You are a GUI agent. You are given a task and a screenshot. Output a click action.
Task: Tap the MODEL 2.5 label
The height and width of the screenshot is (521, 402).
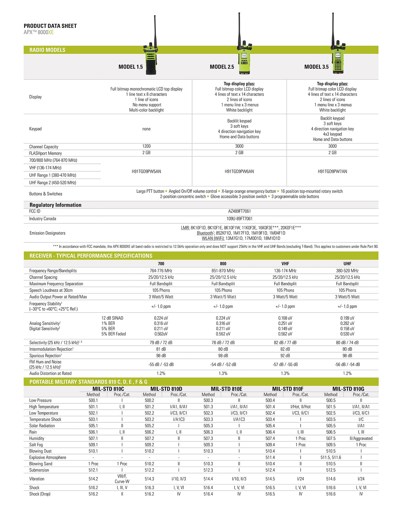pyautogui.click(x=222, y=67)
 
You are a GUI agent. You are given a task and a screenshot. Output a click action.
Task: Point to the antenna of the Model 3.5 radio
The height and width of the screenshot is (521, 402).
pyautogui.click(x=333, y=29)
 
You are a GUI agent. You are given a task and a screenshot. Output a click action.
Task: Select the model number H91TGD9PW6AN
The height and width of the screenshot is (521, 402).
pyautogui.click(x=239, y=172)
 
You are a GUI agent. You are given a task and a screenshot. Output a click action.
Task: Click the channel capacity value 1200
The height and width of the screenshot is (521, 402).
pyautogui.click(x=146, y=146)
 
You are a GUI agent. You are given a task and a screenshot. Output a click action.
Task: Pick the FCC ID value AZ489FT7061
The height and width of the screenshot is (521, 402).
pyautogui.click(x=239, y=211)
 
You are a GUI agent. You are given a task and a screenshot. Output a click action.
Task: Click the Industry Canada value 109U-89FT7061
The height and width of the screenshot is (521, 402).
pyautogui.click(x=239, y=219)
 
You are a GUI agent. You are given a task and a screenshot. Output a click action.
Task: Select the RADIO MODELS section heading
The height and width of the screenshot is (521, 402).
pyautogui.click(x=47, y=50)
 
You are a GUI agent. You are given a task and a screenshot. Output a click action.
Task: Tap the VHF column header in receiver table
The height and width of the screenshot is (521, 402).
pyautogui.click(x=285, y=264)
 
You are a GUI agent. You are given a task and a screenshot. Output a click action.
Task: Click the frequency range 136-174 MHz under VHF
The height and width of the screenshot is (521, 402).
pyautogui.click(x=285, y=271)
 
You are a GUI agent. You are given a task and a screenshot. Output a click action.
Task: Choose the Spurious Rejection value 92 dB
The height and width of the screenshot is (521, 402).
pyautogui.click(x=285, y=356)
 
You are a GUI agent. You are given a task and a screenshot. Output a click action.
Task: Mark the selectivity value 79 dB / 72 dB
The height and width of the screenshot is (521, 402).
pyautogui.click(x=161, y=343)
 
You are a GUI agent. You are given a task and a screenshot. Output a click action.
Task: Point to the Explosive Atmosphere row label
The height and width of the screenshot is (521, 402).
pyautogui.click(x=48, y=457)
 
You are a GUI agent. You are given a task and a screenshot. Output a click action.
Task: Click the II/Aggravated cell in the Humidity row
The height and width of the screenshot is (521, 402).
pyautogui.click(x=361, y=438)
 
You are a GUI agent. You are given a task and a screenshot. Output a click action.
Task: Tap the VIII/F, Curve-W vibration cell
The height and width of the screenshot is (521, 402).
pyautogui.click(x=122, y=479)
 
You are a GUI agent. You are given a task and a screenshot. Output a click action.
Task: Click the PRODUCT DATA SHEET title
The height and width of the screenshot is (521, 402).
pyautogui.click(x=50, y=26)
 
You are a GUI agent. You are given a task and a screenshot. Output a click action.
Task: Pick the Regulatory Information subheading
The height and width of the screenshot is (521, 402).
pyautogui.click(x=55, y=205)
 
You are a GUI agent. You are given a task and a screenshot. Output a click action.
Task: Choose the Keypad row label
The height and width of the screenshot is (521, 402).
pyautogui.click(x=35, y=129)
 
